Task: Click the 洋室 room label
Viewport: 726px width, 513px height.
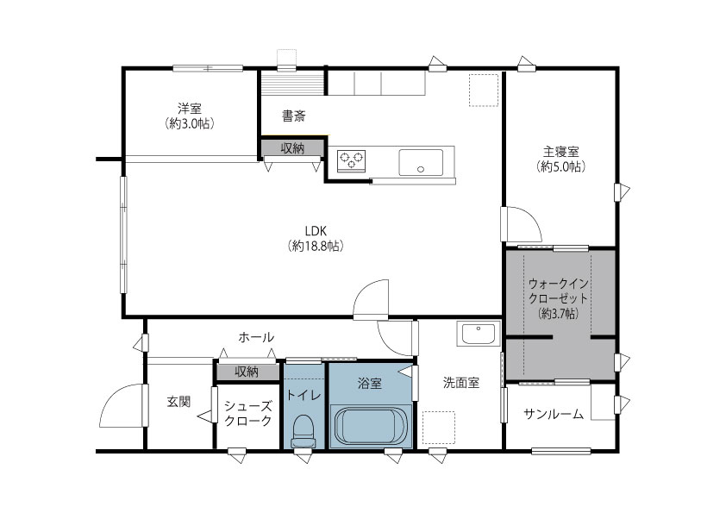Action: click(190, 109)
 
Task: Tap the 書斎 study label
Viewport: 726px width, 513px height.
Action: click(293, 115)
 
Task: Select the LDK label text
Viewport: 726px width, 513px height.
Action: click(316, 230)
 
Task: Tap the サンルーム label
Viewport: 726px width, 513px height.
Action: click(553, 414)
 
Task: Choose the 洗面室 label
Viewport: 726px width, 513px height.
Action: click(461, 382)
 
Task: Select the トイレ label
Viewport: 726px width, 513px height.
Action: click(304, 395)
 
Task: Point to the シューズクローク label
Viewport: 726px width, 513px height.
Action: click(247, 413)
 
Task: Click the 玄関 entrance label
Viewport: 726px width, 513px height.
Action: click(178, 401)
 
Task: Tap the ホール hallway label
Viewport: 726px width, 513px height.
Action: click(256, 336)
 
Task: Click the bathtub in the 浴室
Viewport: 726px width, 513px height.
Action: click(372, 425)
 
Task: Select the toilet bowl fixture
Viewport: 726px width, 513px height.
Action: click(304, 429)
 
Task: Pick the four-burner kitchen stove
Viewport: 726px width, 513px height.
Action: click(351, 160)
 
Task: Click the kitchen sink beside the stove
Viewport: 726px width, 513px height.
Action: click(421, 161)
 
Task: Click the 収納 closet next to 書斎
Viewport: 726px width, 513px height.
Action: click(292, 148)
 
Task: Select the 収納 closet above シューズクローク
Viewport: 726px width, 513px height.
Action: click(247, 372)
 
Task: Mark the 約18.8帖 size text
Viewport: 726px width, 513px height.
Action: click(316, 247)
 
